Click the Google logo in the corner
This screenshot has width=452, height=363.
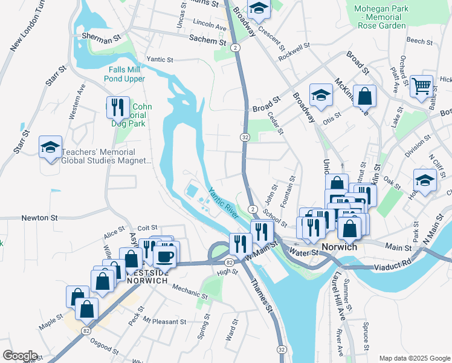coord(20,356)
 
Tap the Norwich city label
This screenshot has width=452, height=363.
coord(340,247)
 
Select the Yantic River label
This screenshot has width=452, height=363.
coord(224,203)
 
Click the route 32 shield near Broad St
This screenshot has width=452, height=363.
coord(245,137)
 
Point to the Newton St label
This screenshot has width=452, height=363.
coord(39,217)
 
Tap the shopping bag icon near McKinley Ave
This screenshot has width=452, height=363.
coord(364,95)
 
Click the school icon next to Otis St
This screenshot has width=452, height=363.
coord(321,94)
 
